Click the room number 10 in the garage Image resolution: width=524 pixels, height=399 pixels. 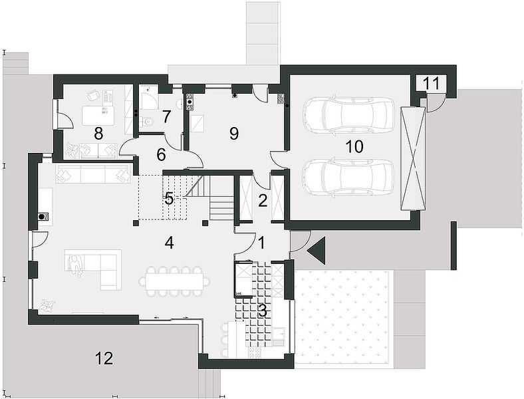click(x=354, y=147)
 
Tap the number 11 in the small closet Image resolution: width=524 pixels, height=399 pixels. click(x=432, y=84)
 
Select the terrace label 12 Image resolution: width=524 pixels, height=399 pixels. click(x=104, y=358)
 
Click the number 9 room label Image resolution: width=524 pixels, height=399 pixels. click(x=234, y=134)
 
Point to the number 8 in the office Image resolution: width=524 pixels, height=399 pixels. click(x=98, y=134)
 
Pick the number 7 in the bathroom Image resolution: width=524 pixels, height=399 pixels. click(x=167, y=116)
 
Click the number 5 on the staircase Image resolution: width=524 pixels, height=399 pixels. click(x=169, y=198)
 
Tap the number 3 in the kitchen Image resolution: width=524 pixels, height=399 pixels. click(x=263, y=311)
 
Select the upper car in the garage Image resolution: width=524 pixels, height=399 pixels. click(x=348, y=115)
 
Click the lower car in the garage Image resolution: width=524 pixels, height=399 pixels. click(x=348, y=177)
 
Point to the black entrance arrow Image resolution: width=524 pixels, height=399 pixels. click(x=316, y=251)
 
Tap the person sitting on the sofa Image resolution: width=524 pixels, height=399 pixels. click(x=76, y=266)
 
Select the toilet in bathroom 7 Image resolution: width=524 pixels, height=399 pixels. click(x=148, y=122)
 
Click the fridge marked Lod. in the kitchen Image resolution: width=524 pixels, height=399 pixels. click(x=243, y=279)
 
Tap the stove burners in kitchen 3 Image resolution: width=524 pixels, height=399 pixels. click(x=255, y=352)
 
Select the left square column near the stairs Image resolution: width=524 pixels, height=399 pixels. click(x=136, y=223)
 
